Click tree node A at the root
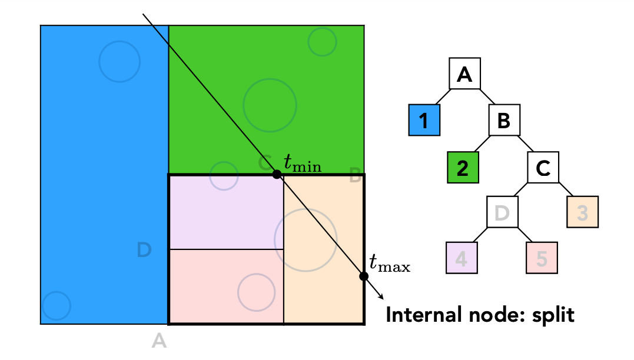point(464,74)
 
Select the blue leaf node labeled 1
point(424,120)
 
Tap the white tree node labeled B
point(504,120)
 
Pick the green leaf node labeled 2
point(463,167)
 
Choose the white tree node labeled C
point(543,167)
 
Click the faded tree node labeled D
point(502,212)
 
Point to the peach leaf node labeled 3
point(582,212)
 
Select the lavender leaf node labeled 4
point(462,258)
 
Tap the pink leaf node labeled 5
point(542,258)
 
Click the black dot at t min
point(277,174)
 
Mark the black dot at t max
point(364,276)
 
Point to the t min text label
point(303,163)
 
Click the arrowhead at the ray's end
point(381,297)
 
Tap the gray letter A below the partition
point(159,341)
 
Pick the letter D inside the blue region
point(144,249)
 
